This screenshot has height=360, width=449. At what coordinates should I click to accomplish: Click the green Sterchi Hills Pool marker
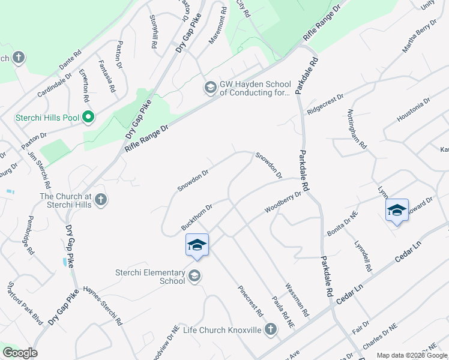tap(88, 116)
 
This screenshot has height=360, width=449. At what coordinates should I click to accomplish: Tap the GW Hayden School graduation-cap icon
tap(210, 88)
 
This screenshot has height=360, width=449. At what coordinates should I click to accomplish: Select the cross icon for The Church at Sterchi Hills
tap(101, 199)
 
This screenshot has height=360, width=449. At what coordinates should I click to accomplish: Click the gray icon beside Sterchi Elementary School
tap(194, 276)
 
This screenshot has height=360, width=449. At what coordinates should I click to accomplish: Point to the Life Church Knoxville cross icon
tap(271, 329)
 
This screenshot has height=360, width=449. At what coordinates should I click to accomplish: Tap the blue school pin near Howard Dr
tap(397, 211)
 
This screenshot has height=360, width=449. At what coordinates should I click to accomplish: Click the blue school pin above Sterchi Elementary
tap(197, 245)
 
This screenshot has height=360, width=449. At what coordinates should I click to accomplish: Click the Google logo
tap(20, 353)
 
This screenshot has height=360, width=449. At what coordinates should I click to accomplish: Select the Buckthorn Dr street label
tap(197, 218)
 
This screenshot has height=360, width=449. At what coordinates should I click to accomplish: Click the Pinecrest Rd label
tap(250, 301)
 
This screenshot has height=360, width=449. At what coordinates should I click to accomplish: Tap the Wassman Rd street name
tap(297, 300)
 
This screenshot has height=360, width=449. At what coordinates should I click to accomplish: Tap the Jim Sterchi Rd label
tap(39, 170)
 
